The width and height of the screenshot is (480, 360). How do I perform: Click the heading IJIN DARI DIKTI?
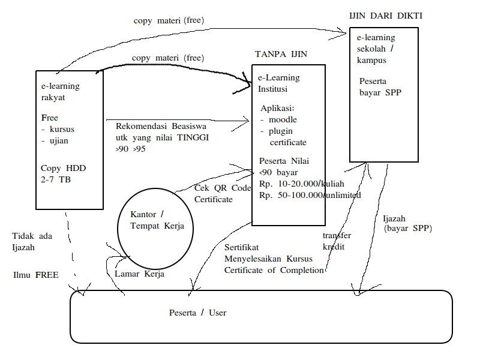[x=385, y=16]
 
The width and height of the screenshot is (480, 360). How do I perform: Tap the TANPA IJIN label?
[x=281, y=54]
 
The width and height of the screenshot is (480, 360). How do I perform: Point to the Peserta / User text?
[x=197, y=313]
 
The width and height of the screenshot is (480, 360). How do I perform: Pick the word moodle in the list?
[x=283, y=120]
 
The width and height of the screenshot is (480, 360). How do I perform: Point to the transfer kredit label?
[x=336, y=241]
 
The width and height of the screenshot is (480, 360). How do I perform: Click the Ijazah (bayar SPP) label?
[x=407, y=223]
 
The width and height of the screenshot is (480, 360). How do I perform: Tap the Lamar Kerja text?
[x=139, y=274]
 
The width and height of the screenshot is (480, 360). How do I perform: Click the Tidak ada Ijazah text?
[x=32, y=241]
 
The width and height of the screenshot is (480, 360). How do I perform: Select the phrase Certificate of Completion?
[x=274, y=270]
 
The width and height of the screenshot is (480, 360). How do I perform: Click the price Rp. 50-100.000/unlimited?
[x=310, y=195]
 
